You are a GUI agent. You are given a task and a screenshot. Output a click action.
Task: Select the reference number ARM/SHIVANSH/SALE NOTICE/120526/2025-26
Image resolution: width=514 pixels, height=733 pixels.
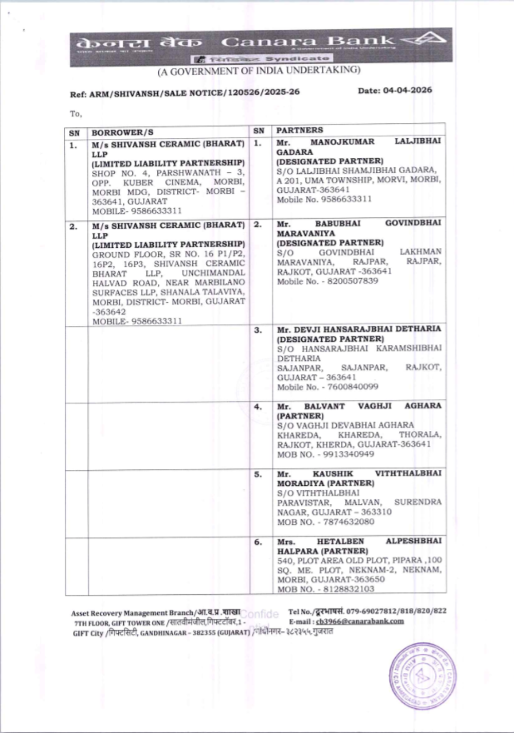click(194, 93)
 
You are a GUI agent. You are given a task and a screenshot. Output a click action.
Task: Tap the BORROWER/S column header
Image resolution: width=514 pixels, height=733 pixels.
click(122, 133)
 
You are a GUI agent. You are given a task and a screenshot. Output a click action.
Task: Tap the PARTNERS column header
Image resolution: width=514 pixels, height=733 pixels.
click(300, 131)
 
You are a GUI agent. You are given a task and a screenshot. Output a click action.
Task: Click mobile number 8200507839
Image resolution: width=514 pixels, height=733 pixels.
click(352, 281)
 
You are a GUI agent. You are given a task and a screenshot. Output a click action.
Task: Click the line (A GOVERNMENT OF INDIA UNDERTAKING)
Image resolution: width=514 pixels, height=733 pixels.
click(259, 71)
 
